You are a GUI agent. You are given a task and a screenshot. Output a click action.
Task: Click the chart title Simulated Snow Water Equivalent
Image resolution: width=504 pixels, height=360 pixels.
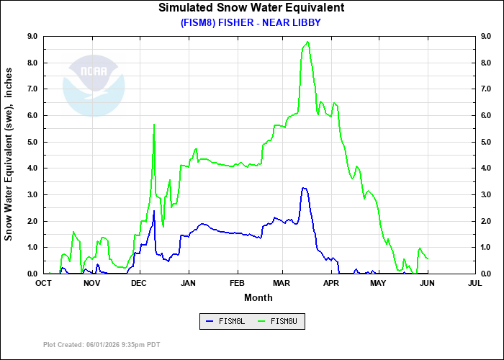pos(251,8)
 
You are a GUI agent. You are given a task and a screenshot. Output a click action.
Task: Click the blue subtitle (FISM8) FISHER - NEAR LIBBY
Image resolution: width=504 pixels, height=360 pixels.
pos(251,22)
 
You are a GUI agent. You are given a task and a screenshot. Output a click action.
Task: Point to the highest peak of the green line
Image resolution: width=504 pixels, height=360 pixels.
pos(307,42)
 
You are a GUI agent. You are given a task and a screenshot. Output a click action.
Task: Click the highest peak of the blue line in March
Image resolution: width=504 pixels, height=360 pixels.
pos(304,188)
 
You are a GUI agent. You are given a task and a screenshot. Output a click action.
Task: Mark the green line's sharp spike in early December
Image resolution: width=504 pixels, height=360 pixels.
pos(154,125)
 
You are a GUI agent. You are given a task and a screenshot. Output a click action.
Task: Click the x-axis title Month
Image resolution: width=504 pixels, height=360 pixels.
pos(258,297)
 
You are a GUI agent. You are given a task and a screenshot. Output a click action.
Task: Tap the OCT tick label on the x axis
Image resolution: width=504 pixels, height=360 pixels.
pos(44,284)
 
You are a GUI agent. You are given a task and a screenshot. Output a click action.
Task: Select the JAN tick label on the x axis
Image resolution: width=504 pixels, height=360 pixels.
pos(189,284)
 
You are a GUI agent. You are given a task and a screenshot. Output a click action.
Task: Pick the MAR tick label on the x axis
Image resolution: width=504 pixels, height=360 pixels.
pos(282,284)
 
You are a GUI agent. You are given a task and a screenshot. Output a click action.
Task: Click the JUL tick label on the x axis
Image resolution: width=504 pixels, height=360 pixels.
pos(474,284)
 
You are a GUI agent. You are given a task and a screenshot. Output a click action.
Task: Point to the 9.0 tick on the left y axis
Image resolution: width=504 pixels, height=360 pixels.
pos(32,36)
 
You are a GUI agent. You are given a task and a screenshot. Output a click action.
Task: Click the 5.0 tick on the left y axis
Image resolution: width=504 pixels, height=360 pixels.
pos(32,142)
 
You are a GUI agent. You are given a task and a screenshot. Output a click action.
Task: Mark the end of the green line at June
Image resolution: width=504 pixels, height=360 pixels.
pos(428,258)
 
